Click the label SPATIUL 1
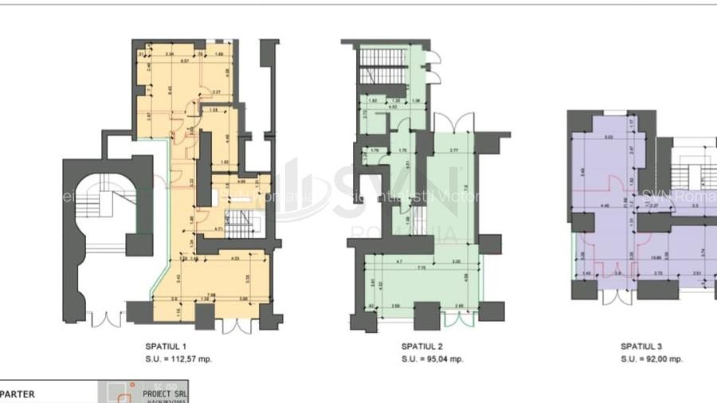pos(167,346)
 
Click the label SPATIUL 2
pos(422,346)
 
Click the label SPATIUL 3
pos(641,346)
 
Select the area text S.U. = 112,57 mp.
pos(178,358)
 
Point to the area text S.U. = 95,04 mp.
pos(433,358)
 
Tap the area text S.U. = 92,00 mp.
pos(652,358)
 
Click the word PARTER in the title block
pos(17,393)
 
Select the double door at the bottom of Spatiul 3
pos(613,296)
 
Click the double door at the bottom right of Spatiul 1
pos(236,326)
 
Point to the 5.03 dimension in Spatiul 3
pos(609,138)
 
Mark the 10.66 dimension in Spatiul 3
pos(635,257)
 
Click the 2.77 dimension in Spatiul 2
pos(453,151)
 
